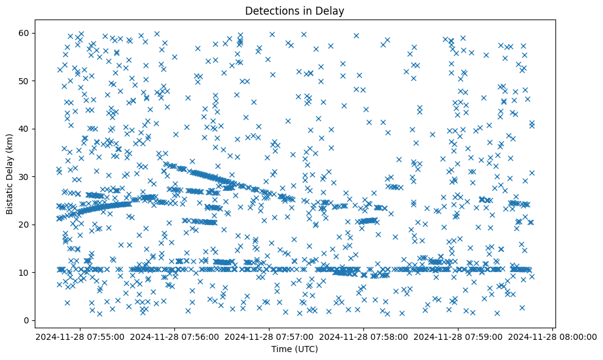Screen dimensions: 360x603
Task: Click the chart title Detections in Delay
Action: click(294, 10)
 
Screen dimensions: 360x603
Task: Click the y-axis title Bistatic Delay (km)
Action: click(10, 173)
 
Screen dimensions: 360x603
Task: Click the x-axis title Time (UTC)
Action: click(294, 350)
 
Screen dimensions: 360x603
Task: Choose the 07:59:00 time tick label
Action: click(460, 336)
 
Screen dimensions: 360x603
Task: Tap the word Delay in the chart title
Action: click(332, 10)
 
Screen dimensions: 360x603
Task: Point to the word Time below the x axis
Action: click(281, 350)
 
